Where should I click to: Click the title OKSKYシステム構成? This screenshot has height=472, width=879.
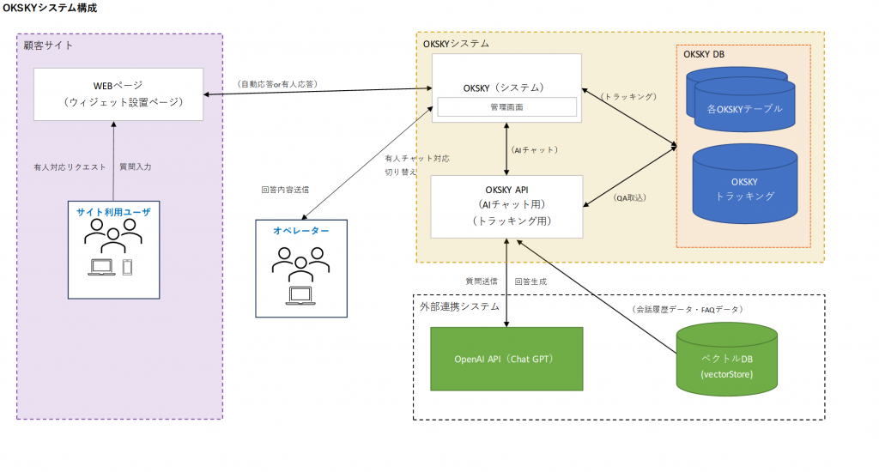[x=50, y=8]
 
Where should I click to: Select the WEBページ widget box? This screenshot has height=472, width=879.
[x=118, y=94]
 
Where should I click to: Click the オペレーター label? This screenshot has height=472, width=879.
[x=300, y=231]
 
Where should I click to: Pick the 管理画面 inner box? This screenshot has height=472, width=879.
[x=506, y=107]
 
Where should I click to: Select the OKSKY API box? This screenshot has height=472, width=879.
[x=506, y=206]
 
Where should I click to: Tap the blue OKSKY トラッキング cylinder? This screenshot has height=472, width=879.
[x=743, y=190]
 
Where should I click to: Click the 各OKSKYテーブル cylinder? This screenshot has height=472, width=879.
[x=744, y=108]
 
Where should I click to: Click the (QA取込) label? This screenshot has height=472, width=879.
[x=631, y=197]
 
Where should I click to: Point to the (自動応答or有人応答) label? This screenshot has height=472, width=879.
[x=276, y=84]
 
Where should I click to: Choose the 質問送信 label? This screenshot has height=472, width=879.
[x=482, y=281]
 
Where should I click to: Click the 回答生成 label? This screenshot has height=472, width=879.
[x=530, y=281]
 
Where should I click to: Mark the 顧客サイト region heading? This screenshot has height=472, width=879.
[x=49, y=45]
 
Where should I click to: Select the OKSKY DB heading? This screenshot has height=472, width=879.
[x=704, y=55]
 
